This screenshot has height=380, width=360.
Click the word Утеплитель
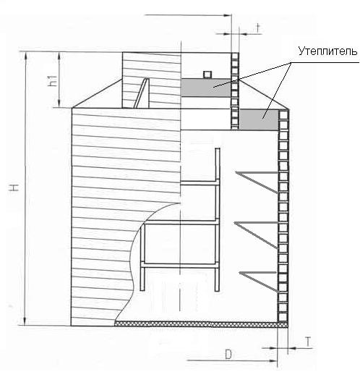click(x=327, y=51)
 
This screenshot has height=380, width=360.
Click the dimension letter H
click(x=14, y=187)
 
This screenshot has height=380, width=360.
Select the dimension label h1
click(x=53, y=80)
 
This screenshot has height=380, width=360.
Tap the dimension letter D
click(x=228, y=354)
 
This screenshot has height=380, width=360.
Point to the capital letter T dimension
click(x=308, y=342)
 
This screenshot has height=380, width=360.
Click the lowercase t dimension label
click(x=258, y=28)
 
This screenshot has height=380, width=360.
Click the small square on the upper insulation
click(x=207, y=75)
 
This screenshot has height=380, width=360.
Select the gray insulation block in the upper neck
click(x=206, y=88)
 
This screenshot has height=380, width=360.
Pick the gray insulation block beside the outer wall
click(x=259, y=119)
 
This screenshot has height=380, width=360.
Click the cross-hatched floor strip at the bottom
click(x=201, y=324)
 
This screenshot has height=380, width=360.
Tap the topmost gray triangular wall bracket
click(x=257, y=181)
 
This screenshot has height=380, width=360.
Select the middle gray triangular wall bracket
click(x=256, y=235)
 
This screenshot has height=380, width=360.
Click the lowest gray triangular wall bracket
click(x=258, y=281)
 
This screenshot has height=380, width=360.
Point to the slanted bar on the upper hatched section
click(x=141, y=93)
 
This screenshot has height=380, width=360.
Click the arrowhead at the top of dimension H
click(x=25, y=56)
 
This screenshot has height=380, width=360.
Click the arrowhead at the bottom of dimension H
click(x=25, y=321)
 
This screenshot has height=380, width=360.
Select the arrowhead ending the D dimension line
click(x=273, y=360)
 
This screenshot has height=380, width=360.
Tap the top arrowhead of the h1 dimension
click(x=59, y=56)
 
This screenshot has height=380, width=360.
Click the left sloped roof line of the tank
click(x=98, y=93)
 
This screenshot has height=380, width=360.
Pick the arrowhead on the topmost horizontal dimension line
click(x=227, y=15)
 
